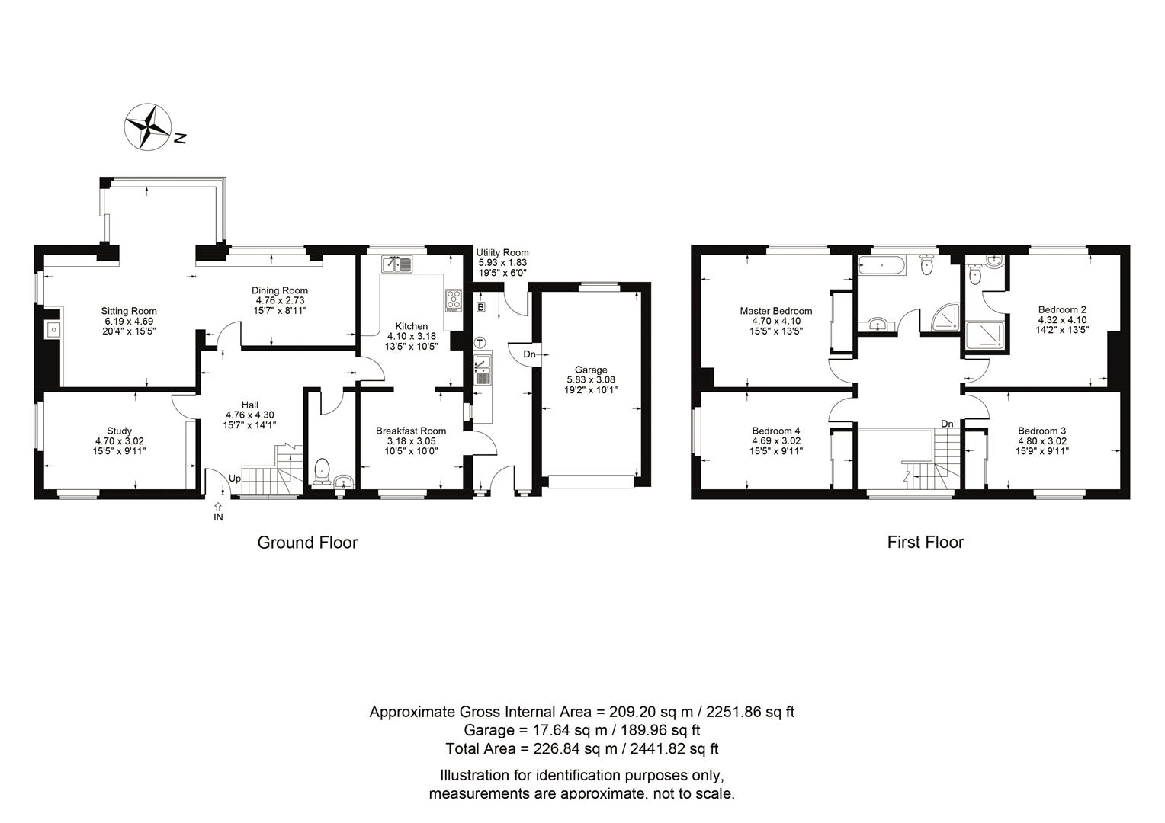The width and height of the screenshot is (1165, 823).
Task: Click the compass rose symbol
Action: (x=148, y=126)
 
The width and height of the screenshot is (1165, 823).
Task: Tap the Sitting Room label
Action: (x=128, y=312)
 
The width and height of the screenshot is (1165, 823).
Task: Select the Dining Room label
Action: (x=280, y=290)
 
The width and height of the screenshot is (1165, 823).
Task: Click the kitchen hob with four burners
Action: (x=454, y=300)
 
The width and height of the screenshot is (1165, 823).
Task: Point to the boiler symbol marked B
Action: (x=480, y=307)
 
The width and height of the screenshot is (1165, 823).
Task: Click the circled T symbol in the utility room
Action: (x=480, y=343)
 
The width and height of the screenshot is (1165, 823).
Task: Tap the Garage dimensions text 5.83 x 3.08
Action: (x=591, y=379)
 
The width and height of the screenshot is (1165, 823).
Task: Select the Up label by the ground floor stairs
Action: (x=235, y=479)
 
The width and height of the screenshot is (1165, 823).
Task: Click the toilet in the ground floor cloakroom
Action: (x=323, y=472)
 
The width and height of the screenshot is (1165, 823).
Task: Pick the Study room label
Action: (x=119, y=431)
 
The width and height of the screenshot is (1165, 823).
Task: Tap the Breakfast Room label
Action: (x=411, y=431)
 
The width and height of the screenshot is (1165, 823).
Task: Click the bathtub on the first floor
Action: (x=881, y=265)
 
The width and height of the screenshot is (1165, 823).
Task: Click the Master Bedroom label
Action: (x=776, y=311)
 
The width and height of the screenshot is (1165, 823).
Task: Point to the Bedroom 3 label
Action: (x=1041, y=431)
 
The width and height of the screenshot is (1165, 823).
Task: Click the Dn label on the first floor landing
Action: (x=947, y=424)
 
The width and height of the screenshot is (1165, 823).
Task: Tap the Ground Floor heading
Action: (x=307, y=543)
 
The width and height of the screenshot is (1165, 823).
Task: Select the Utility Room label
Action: (x=502, y=253)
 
